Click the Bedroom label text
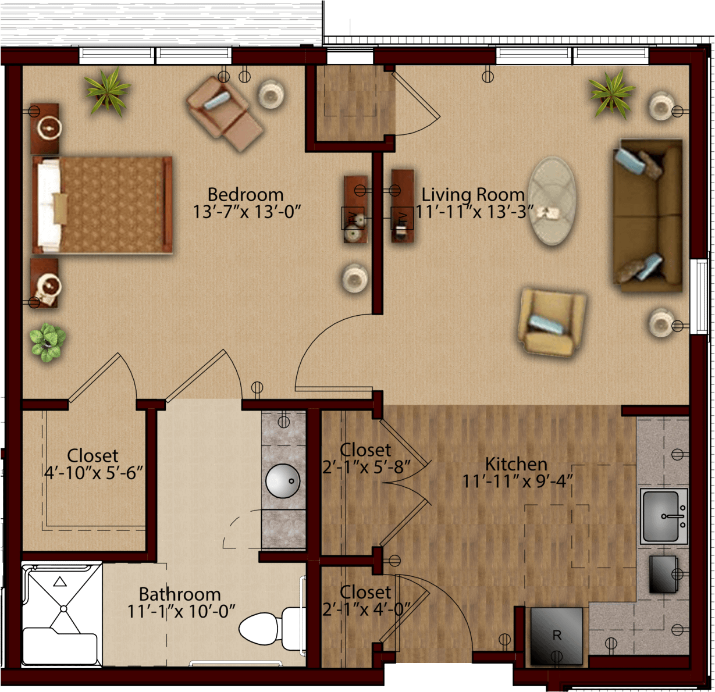[x=246, y=194]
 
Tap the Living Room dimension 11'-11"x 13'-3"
[x=474, y=212]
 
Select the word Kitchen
[x=516, y=464]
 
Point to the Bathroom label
[x=180, y=594]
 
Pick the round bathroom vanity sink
[x=283, y=481]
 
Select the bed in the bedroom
[x=102, y=205]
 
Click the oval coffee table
[x=552, y=201]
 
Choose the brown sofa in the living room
[x=648, y=216]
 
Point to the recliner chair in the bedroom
[x=225, y=113]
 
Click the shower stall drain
[x=63, y=609]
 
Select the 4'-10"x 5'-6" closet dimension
[x=93, y=473]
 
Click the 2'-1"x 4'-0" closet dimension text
[x=366, y=610]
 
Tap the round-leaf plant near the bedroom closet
[x=47, y=341]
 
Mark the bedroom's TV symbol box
[x=353, y=218]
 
